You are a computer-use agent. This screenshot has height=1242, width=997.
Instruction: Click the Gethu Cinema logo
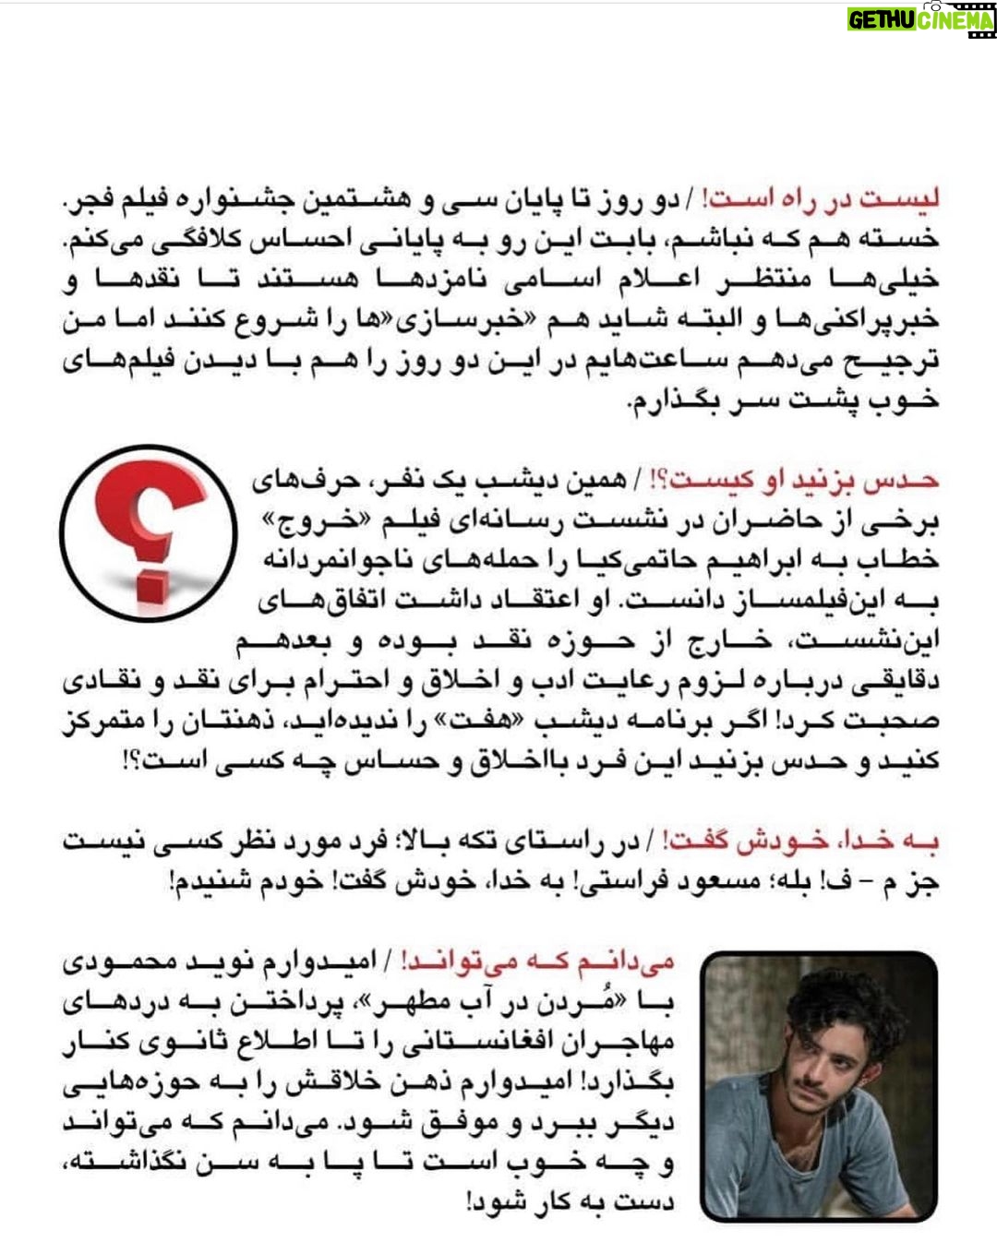pos(920,19)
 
